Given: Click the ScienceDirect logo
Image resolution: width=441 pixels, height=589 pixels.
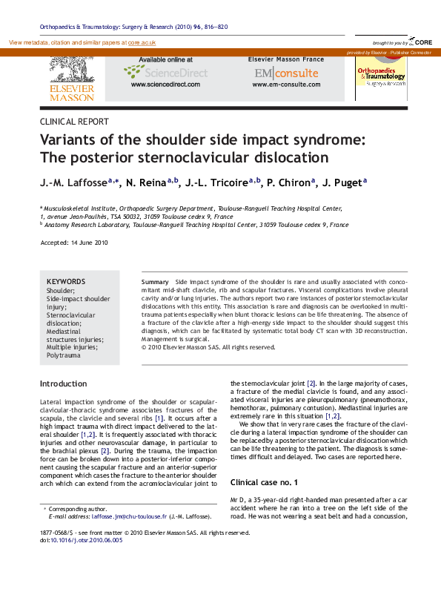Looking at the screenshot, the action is (165, 72).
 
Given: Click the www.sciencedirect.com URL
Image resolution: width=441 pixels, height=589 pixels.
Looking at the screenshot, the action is (165, 85).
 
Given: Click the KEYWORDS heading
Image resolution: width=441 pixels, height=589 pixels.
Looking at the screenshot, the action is (66, 282).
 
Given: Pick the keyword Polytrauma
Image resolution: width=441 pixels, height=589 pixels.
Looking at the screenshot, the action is (64, 355).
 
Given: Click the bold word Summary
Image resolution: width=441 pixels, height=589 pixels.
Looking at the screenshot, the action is (155, 283).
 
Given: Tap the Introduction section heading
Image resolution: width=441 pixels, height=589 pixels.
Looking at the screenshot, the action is (63, 384).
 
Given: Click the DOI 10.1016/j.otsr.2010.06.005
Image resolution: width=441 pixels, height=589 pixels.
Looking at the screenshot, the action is (87, 541).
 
